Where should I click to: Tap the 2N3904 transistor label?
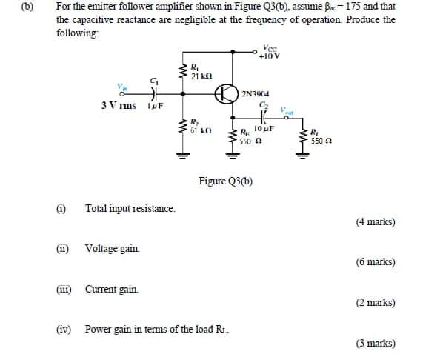tap(256, 94)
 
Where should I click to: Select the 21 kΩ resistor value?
tap(201, 76)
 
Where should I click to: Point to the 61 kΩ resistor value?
tap(201, 129)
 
